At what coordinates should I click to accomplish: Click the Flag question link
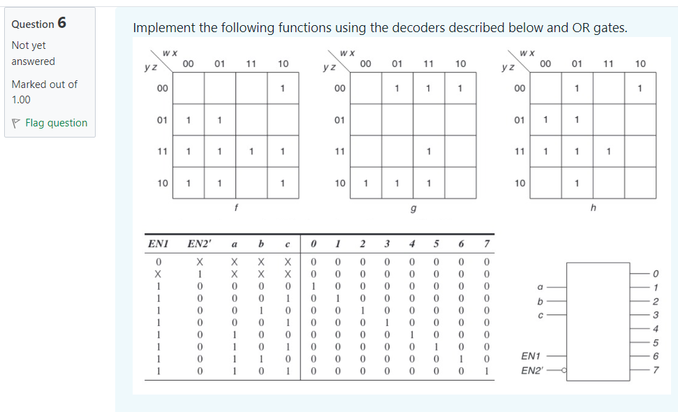click(x=56, y=123)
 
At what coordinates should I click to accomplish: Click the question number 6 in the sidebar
click(x=62, y=22)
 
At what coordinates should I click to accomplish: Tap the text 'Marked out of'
click(x=44, y=84)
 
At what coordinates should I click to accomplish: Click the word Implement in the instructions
click(x=164, y=28)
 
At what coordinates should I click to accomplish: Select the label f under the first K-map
click(x=236, y=207)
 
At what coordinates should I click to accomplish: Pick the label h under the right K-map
click(x=592, y=207)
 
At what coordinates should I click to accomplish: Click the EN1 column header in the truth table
click(x=157, y=244)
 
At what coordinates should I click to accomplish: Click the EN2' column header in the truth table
click(x=200, y=244)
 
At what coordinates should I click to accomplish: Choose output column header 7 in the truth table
click(x=487, y=244)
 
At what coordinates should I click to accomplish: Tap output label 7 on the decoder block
click(x=656, y=370)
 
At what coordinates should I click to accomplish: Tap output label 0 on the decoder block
click(x=656, y=273)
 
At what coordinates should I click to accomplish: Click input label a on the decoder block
click(x=540, y=286)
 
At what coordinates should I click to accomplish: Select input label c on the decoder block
click(x=540, y=314)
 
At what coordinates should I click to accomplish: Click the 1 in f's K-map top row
click(x=282, y=89)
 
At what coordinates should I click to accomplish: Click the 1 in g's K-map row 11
click(x=428, y=152)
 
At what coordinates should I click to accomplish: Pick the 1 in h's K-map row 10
click(x=576, y=184)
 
